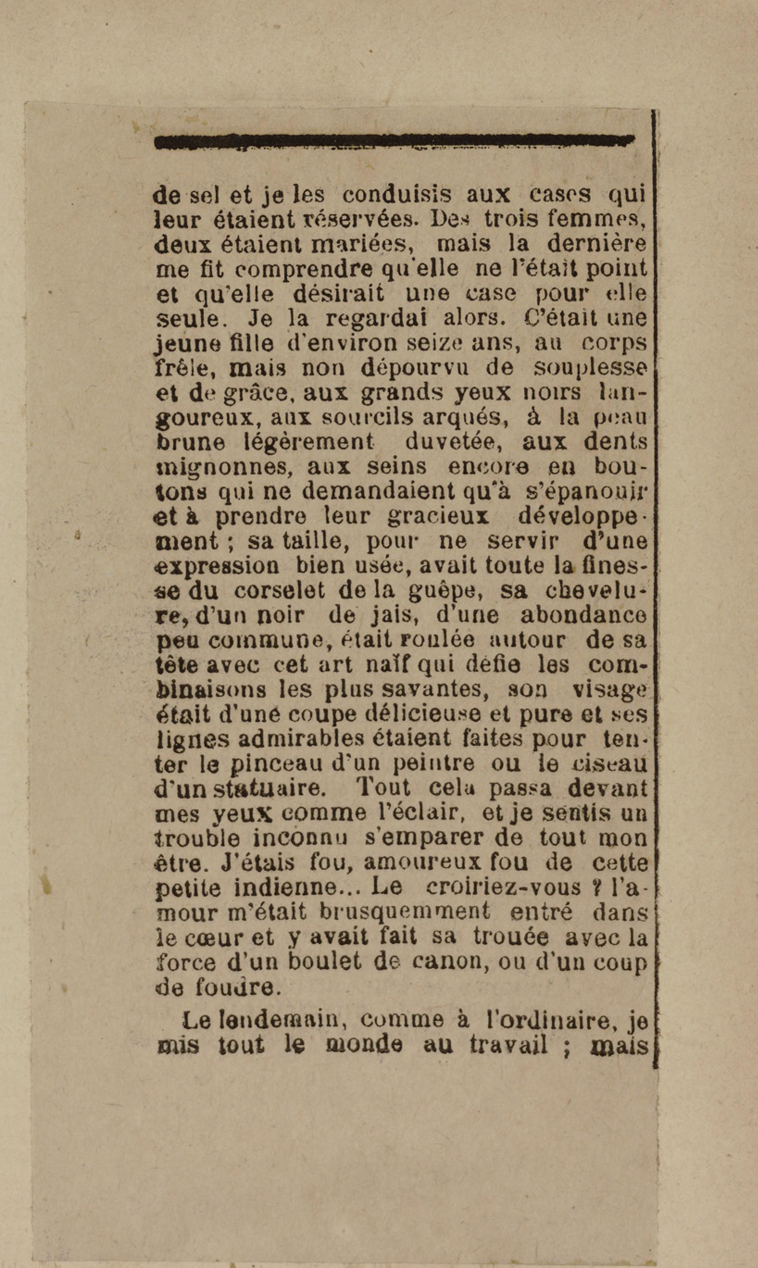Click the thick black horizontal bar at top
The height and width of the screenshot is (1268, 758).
pyautogui.click(x=393, y=142)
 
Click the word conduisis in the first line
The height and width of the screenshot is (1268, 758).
pyautogui.click(x=396, y=194)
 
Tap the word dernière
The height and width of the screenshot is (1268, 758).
pyautogui.click(x=596, y=244)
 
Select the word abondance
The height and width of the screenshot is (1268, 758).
pyautogui.click(x=583, y=615)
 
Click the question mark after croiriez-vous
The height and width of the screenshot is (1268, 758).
pyautogui.click(x=594, y=887)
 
